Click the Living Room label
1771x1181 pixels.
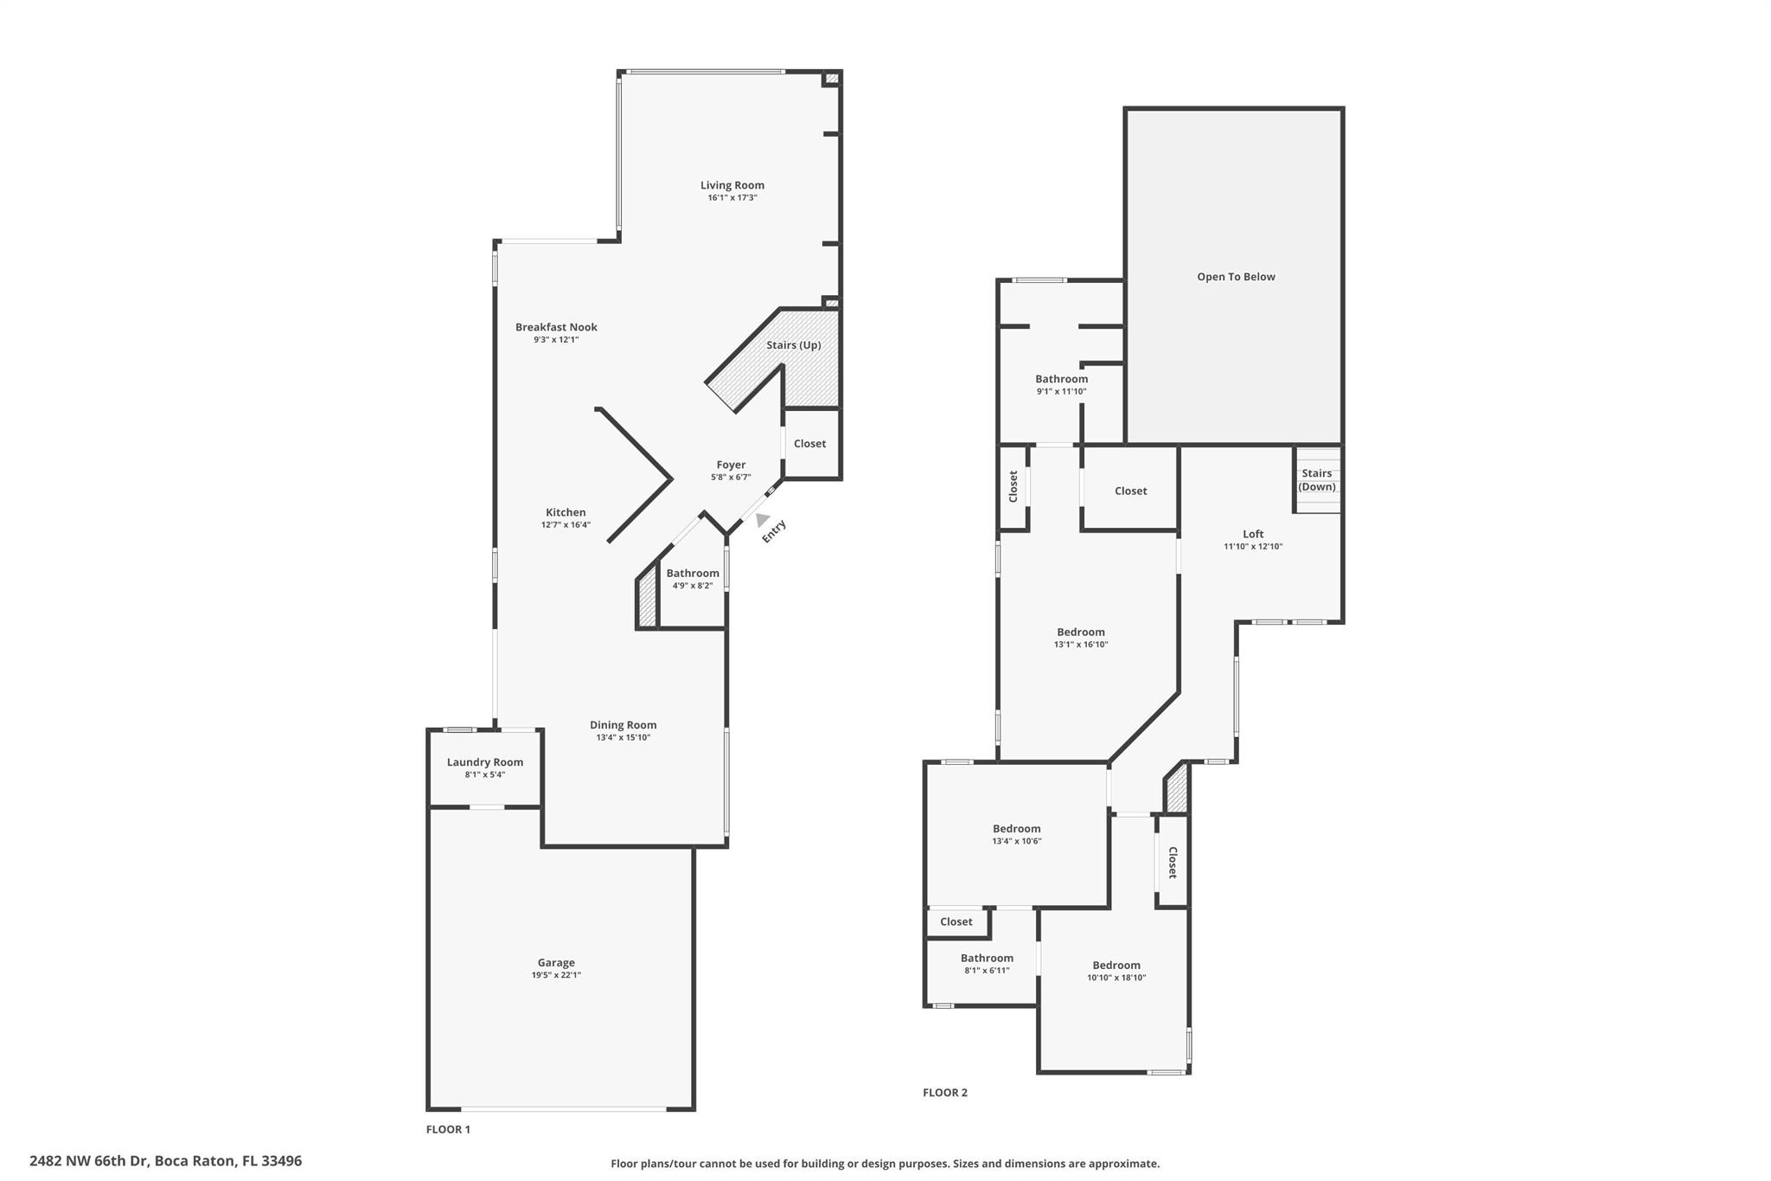click(732, 185)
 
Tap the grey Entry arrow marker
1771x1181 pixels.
click(762, 519)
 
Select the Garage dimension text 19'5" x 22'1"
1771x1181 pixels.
click(556, 975)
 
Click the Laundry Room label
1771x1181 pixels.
click(484, 762)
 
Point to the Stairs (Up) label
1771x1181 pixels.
click(793, 345)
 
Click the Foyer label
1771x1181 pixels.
click(731, 465)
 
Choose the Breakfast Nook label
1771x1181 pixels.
click(556, 327)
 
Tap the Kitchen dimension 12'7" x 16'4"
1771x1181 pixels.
click(566, 525)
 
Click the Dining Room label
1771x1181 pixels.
click(623, 725)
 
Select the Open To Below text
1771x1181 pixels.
click(1236, 277)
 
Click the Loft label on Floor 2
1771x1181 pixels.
click(1253, 534)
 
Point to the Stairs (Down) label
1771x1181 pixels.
click(1316, 480)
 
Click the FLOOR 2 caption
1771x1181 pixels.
click(944, 1093)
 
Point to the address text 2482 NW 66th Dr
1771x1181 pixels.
click(165, 1161)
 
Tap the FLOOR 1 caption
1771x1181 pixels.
click(448, 1129)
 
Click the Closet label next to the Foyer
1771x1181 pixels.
click(809, 444)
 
